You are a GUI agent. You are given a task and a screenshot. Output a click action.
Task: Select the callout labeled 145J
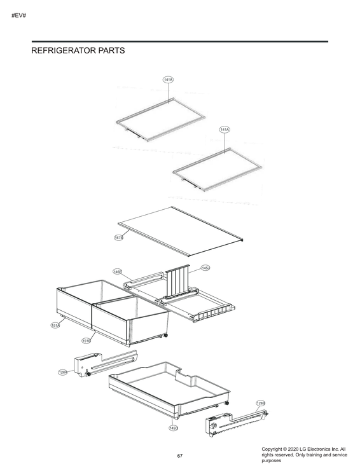[205, 268]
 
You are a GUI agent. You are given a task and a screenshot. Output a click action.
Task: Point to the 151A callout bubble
[55, 326]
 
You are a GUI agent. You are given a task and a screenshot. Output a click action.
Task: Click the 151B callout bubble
[86, 341]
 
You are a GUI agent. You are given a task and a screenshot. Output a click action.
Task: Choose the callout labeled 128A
[63, 372]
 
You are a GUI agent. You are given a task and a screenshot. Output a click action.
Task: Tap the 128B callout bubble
[261, 403]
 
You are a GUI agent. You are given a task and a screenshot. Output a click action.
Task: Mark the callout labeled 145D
[173, 428]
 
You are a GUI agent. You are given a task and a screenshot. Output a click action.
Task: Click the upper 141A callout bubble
[168, 79]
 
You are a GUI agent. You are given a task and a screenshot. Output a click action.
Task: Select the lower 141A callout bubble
[225, 129]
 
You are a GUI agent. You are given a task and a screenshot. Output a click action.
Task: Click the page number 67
[180, 456]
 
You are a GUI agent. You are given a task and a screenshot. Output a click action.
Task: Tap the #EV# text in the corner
[18, 15]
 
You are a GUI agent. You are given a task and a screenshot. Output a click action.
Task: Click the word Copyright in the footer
[275, 449]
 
